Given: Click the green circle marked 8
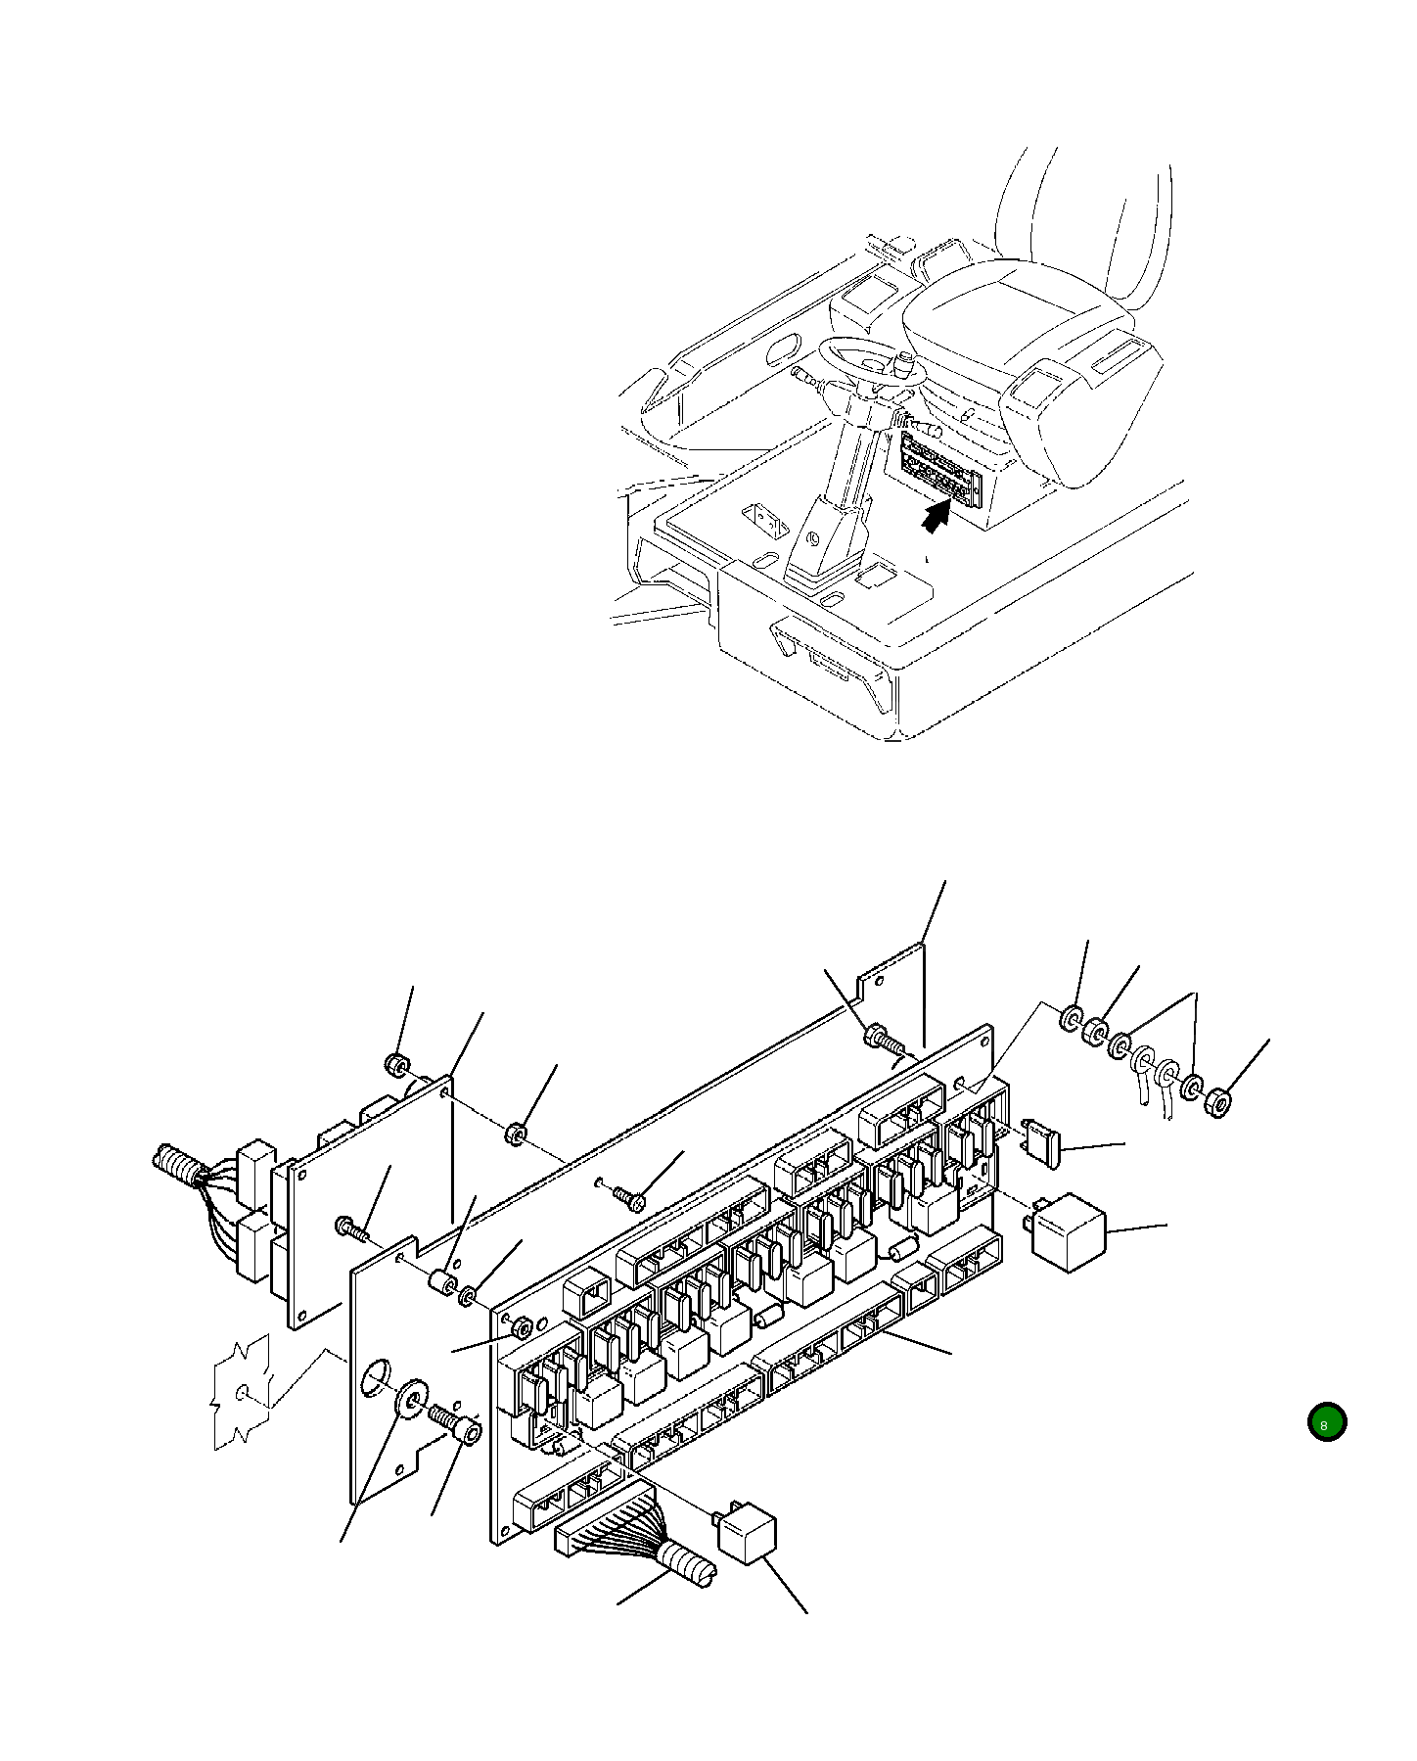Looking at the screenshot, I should [x=1326, y=1423].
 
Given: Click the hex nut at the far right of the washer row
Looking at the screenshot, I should [x=1218, y=1102].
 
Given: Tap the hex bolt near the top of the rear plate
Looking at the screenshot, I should [x=877, y=1036].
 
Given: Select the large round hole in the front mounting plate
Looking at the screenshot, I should [x=375, y=1377].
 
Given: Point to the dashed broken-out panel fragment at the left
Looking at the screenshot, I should [x=241, y=1390].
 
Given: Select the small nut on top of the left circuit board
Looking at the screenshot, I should [x=396, y=1065].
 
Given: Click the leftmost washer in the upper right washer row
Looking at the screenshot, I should [x=1072, y=1019].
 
